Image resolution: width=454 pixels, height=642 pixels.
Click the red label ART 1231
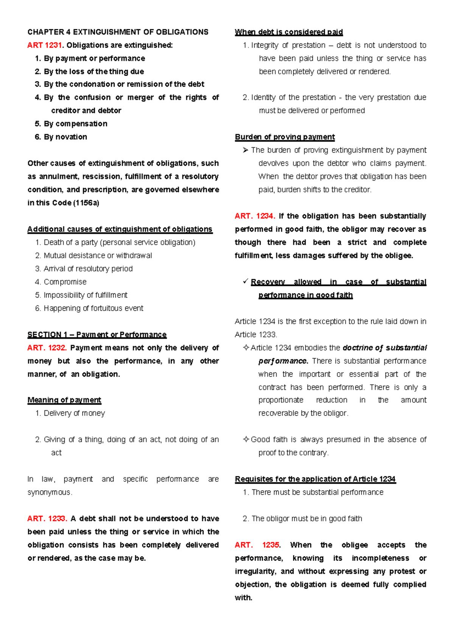pyautogui.click(x=44, y=45)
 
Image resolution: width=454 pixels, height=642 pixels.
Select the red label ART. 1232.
pyautogui.click(x=47, y=348)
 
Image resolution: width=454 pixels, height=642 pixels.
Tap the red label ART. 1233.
pyautogui.click(x=47, y=519)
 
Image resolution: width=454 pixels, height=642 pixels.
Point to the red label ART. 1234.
pyautogui.click(x=255, y=216)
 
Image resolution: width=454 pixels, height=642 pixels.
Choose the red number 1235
pyautogui.click(x=271, y=545)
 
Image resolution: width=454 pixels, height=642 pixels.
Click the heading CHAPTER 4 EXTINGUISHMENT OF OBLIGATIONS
pyautogui.click(x=118, y=32)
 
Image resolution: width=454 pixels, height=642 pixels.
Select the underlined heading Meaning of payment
pyautogui.click(x=64, y=400)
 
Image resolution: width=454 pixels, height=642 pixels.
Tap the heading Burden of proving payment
pyautogui.click(x=285, y=137)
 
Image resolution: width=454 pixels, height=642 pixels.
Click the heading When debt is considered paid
pyautogui.click(x=289, y=32)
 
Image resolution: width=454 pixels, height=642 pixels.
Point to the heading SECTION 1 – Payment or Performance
pyautogui.click(x=97, y=335)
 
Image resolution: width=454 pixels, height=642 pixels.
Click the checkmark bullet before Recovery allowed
pyautogui.click(x=246, y=282)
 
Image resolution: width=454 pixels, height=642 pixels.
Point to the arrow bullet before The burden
pyautogui.click(x=246, y=150)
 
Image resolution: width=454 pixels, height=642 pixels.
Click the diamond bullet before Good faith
pyautogui.click(x=246, y=439)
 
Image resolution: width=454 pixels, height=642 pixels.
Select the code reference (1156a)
pyautogui.click(x=86, y=203)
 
